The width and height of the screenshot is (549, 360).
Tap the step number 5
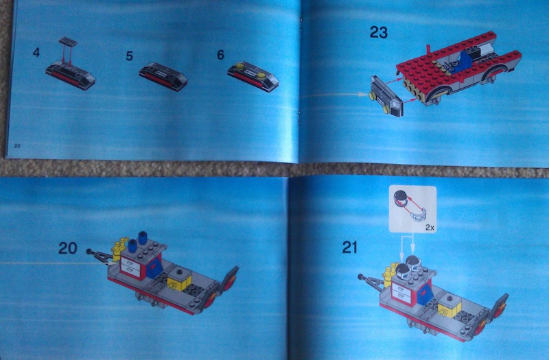(129, 56)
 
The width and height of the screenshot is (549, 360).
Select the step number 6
(221, 53)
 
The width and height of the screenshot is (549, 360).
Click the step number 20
(67, 249)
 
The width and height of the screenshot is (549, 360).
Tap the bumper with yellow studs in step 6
(254, 76)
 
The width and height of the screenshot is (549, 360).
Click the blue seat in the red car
(465, 65)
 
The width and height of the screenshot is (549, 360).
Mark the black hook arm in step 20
(100, 256)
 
